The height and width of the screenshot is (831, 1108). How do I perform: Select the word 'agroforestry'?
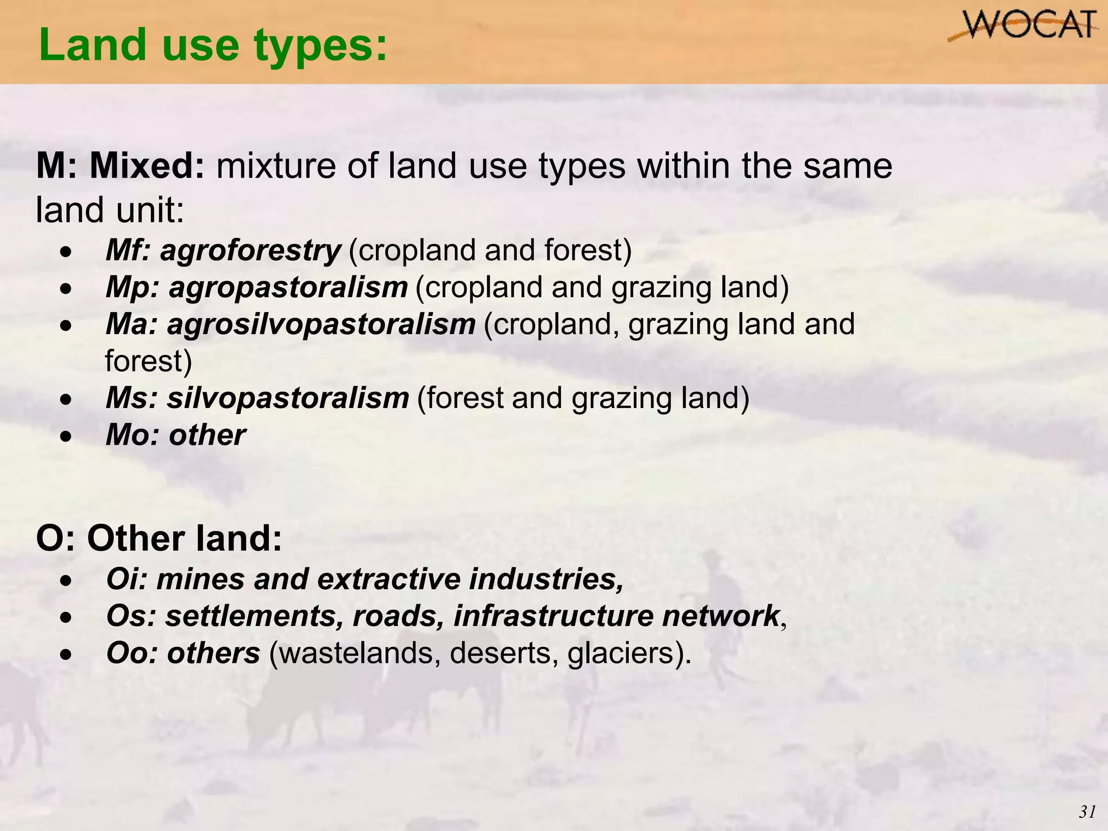pos(250,250)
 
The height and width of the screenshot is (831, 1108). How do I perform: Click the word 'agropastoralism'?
pos(288,287)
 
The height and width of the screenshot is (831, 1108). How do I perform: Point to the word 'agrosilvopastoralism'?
pos(321,325)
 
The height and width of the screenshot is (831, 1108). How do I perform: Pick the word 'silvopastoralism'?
pos(287,398)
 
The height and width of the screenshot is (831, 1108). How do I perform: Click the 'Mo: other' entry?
pos(175,435)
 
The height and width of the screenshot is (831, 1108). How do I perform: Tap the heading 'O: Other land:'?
pos(159,539)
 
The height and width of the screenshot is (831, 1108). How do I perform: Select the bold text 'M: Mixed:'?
pos(120,166)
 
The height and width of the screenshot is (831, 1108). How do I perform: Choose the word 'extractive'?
pos(388,579)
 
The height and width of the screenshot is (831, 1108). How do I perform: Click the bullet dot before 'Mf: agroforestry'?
pos(65,252)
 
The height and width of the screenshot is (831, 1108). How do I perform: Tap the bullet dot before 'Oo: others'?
pos(65,655)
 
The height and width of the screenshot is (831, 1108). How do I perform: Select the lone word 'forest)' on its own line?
pos(148,361)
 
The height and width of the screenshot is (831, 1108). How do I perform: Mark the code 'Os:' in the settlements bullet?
pos(131,616)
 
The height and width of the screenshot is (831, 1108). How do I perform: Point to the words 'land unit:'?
pos(110,210)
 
